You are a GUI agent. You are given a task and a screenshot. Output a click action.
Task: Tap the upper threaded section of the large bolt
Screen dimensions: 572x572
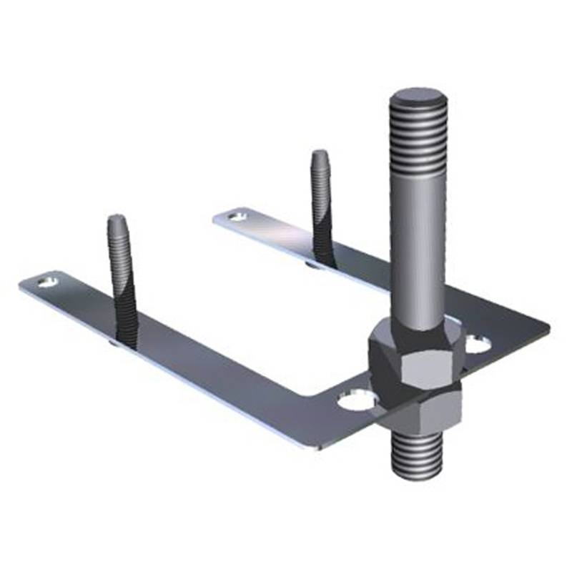pos(419,139)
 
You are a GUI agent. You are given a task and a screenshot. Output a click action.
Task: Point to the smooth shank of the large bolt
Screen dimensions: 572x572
pos(419,250)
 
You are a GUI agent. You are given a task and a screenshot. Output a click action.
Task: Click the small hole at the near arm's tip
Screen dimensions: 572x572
pos(49,281)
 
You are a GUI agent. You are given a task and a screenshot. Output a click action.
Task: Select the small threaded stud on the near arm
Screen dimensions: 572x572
pos(122,286)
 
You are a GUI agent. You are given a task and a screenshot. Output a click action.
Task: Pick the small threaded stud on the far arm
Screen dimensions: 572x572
pos(321,207)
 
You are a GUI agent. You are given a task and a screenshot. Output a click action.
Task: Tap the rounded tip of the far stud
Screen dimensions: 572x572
pos(320,155)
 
